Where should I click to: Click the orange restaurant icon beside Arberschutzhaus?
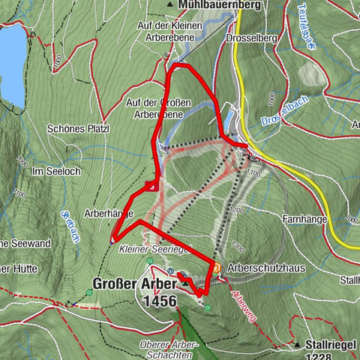(217, 268)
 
